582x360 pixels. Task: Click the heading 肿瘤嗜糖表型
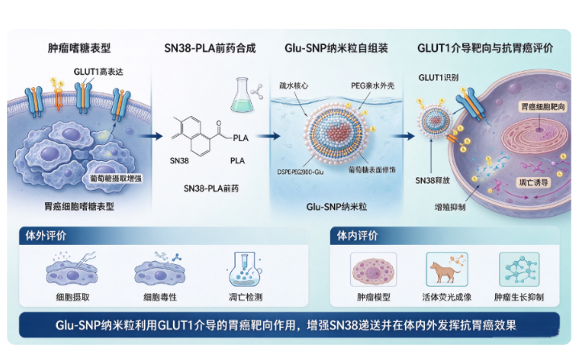click(x=80, y=48)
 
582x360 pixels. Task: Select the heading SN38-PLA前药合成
click(x=210, y=48)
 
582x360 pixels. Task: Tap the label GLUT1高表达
click(x=98, y=72)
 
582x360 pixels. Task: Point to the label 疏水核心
click(x=294, y=85)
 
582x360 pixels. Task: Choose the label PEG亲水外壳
click(x=373, y=85)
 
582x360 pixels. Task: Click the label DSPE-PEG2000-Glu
click(x=300, y=172)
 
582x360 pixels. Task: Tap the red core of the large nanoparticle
click(x=339, y=132)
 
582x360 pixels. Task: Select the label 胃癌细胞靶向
click(x=543, y=107)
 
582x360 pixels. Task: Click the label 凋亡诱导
click(x=534, y=182)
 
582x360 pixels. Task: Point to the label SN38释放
click(x=432, y=180)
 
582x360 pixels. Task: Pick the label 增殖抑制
click(x=450, y=207)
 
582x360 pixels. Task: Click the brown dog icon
click(x=444, y=270)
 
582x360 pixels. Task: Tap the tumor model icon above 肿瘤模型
click(x=374, y=269)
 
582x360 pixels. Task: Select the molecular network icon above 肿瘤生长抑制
click(x=519, y=269)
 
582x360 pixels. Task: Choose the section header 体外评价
click(x=46, y=235)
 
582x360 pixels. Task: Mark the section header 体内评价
click(x=357, y=235)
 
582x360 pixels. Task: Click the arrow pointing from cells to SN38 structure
click(x=151, y=136)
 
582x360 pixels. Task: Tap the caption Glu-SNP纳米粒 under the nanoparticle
click(x=336, y=206)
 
